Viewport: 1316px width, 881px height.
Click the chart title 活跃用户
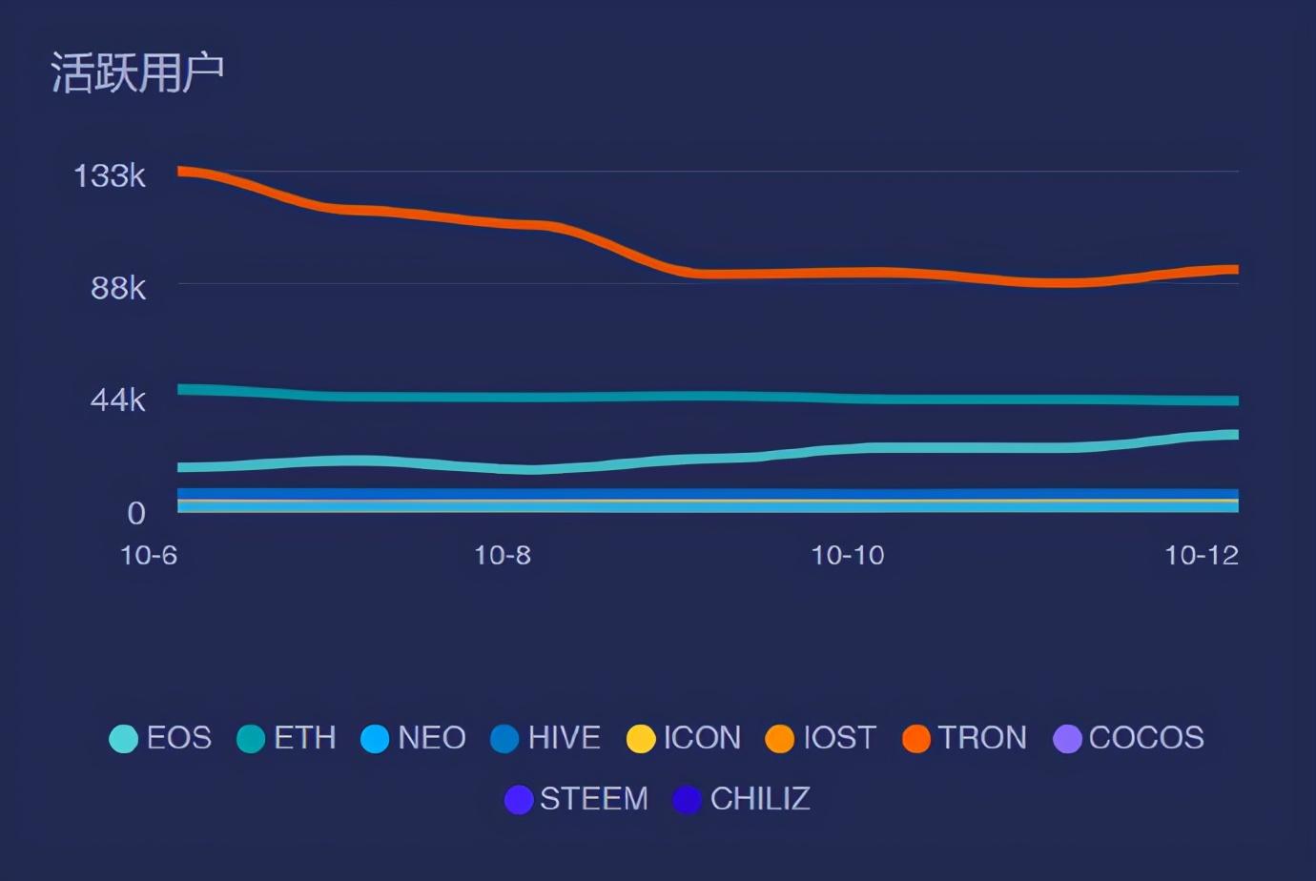pyautogui.click(x=137, y=72)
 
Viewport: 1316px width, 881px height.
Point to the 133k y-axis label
pyautogui.click(x=110, y=175)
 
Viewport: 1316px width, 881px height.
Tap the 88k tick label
pyautogui.click(x=118, y=288)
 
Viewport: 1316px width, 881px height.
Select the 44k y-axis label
pyautogui.click(x=117, y=400)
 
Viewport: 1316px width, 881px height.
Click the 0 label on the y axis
pyautogui.click(x=136, y=513)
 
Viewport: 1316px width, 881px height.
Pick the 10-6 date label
pyautogui.click(x=149, y=555)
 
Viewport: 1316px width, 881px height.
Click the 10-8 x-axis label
pyautogui.click(x=503, y=555)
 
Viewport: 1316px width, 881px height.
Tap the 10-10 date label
pyautogui.click(x=848, y=555)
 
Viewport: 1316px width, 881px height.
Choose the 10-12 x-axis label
pyautogui.click(x=1202, y=555)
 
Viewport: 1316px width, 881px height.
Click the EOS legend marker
pyautogui.click(x=123, y=738)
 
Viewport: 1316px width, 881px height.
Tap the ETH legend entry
pyautogui.click(x=286, y=738)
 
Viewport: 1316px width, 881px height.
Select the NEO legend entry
pyautogui.click(x=413, y=738)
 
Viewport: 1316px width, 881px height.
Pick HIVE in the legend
pyautogui.click(x=545, y=738)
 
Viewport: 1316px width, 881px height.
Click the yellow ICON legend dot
pyautogui.click(x=641, y=738)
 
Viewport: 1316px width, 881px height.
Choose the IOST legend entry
pyautogui.click(x=821, y=738)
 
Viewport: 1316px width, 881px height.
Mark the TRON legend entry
pyautogui.click(x=964, y=738)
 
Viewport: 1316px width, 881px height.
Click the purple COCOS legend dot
pyautogui.click(x=1067, y=738)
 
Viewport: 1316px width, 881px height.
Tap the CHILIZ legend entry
pyautogui.click(x=741, y=799)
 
